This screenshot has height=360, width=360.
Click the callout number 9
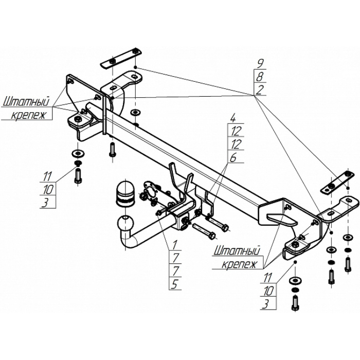(260, 63)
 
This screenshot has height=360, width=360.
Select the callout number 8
(260, 77)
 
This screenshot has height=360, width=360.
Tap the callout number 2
(259, 90)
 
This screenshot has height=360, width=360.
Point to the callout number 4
(233, 119)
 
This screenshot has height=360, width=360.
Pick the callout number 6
(233, 158)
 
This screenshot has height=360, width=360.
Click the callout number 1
(175, 245)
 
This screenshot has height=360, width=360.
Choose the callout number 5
(175, 285)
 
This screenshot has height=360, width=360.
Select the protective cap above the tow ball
(126, 192)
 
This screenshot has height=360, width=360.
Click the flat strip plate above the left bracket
(121, 59)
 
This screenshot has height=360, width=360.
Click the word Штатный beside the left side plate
(26, 102)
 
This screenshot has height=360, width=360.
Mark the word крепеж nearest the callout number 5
(239, 264)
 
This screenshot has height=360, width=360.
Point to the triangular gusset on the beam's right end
(282, 219)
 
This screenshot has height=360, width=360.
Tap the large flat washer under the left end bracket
(78, 153)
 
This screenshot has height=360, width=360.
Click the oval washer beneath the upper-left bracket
(136, 112)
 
